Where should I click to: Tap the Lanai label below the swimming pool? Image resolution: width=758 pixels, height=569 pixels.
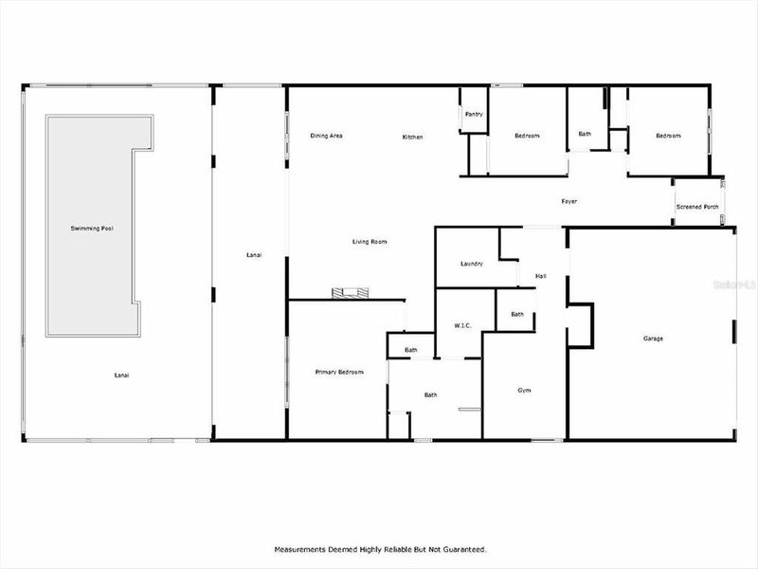coord(121,376)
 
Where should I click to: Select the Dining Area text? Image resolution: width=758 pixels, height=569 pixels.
coord(326,137)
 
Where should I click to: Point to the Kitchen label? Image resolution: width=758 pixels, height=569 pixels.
coord(412,138)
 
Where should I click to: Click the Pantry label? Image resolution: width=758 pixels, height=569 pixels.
coord(474,115)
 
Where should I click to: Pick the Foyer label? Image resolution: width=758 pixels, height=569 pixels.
coord(568,201)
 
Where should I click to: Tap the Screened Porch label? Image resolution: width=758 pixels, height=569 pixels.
coord(696,207)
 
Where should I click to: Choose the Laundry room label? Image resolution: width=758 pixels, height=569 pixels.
coord(472,264)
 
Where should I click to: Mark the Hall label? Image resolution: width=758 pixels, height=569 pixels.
coord(540,276)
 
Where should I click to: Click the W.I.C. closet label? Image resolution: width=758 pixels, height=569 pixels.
coord(463,325)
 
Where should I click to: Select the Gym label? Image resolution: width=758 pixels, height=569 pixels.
coord(524,391)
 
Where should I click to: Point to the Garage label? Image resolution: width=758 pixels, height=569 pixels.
coord(653,339)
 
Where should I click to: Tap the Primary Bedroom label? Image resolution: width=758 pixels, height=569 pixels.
coord(339,373)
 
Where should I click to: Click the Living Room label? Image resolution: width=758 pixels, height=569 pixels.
coord(370,242)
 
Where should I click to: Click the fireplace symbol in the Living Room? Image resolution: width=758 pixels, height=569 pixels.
coord(346,293)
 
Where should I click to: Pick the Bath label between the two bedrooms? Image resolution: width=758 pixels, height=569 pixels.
coord(585,134)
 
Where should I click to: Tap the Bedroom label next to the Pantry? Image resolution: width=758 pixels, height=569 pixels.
coord(527,137)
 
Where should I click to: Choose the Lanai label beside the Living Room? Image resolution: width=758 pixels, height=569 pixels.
coord(253,255)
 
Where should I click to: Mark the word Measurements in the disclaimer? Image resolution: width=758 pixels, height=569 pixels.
coord(302,549)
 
